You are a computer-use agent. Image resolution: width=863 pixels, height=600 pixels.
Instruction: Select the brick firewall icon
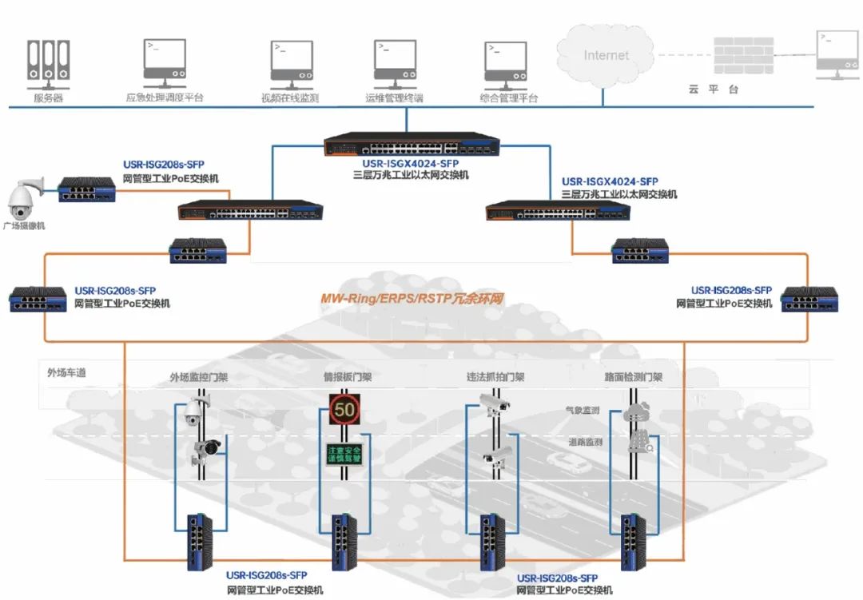point(744,55)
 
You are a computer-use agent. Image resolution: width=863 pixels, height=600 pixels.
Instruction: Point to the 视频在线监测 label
point(290,98)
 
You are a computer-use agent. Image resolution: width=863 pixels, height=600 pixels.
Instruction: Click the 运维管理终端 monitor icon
point(394,60)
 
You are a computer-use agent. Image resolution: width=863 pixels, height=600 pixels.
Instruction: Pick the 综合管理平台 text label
point(509,98)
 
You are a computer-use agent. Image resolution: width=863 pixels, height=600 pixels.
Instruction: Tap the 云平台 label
point(713,89)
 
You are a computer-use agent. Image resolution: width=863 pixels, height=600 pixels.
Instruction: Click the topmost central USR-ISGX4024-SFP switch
point(412,145)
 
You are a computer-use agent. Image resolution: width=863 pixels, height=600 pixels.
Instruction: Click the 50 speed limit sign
point(345,411)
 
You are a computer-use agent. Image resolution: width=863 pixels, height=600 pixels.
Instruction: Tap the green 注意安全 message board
point(344,455)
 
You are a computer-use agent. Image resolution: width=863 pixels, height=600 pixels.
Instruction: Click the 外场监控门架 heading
point(198,376)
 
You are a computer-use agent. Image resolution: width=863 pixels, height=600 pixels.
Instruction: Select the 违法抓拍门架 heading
point(495,376)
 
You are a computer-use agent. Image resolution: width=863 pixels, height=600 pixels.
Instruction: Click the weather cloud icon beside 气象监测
point(638,411)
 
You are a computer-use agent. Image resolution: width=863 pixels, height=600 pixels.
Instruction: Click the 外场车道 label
point(66,372)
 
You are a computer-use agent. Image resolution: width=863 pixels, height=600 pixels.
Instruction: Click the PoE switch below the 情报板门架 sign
point(344,542)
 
